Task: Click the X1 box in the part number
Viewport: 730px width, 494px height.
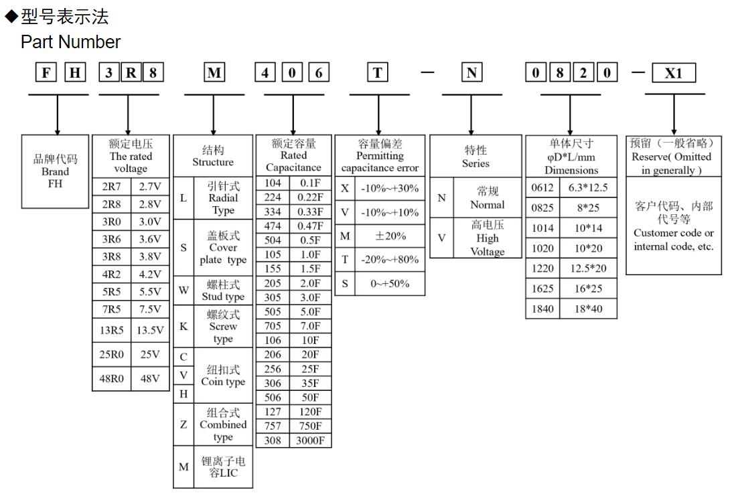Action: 674,73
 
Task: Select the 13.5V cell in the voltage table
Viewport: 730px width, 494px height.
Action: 150,330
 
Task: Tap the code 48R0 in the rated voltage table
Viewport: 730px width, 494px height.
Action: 112,378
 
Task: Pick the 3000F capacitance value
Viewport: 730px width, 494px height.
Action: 310,440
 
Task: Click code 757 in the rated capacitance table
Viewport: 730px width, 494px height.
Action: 273,426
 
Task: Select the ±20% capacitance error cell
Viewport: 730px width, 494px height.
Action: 390,236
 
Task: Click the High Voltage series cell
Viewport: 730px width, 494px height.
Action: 487,238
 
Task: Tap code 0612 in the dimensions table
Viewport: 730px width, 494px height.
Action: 542,188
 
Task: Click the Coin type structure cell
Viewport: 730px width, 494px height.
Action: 222,376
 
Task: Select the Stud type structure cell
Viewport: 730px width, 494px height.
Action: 222,291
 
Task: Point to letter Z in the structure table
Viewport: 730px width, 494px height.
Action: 184,424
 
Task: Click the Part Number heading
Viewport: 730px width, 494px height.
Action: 70,42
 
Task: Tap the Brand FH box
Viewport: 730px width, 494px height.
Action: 56,171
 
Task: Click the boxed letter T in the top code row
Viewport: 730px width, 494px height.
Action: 378,72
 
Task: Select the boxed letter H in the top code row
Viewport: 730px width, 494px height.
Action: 75,72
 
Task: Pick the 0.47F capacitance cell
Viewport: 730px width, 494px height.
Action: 310,226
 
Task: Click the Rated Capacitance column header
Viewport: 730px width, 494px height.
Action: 293,155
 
